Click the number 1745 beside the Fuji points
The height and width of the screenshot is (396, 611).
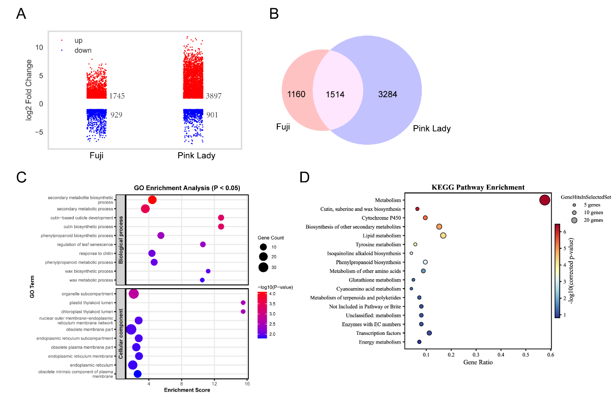(x=117, y=96)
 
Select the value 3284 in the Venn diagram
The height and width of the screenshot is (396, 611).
(x=387, y=94)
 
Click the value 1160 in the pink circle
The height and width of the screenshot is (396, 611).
(x=296, y=94)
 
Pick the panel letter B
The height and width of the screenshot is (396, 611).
(x=274, y=14)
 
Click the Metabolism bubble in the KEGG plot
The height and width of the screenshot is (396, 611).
(x=545, y=200)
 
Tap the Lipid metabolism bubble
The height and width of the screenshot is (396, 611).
(x=443, y=235)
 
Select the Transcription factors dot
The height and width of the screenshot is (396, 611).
(x=429, y=333)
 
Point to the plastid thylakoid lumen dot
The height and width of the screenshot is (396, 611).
(x=243, y=303)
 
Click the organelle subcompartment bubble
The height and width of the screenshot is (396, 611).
(x=134, y=294)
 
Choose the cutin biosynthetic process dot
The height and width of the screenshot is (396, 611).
(x=221, y=227)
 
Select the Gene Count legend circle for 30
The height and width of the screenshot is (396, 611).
(x=263, y=267)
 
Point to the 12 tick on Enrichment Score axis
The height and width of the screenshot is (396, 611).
(x=214, y=383)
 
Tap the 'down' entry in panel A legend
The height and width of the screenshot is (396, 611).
(x=82, y=51)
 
